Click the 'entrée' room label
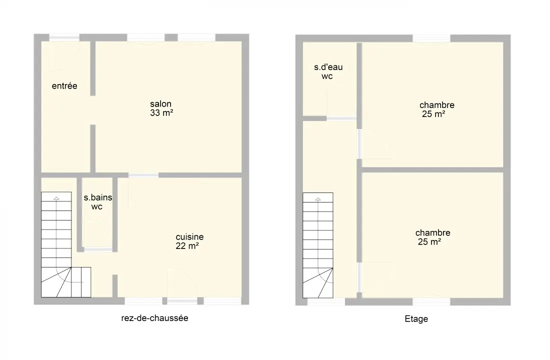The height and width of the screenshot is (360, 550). (64, 86)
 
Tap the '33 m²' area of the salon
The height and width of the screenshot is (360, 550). (161, 113)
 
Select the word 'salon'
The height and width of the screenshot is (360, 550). (160, 104)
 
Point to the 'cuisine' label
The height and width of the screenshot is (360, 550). (190, 237)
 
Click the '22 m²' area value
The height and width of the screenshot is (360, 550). (187, 246)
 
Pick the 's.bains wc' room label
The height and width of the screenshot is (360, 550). (98, 202)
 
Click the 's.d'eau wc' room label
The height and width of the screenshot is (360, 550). (328, 71)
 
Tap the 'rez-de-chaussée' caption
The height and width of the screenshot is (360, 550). (154, 318)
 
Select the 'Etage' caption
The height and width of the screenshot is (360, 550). (416, 319)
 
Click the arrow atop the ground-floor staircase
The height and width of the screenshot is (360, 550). (56, 198)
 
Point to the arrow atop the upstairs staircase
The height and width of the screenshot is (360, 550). (318, 199)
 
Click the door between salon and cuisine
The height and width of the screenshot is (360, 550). (143, 175)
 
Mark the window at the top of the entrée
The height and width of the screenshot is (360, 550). (64, 37)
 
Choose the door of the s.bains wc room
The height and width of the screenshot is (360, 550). (98, 249)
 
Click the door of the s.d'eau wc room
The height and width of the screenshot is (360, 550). (341, 118)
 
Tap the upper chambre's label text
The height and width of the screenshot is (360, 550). (437, 105)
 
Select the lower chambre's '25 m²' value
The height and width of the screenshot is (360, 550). (429, 242)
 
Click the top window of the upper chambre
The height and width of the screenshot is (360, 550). (431, 38)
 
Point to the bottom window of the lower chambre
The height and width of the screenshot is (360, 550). (431, 302)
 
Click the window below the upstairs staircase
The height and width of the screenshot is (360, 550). (326, 302)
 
